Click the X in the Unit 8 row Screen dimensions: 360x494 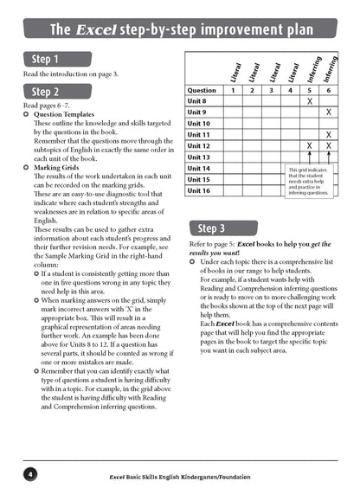point(309,101)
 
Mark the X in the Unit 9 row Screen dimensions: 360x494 point(328,112)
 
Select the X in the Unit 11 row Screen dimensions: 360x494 point(328,135)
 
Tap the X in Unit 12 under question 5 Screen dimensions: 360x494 point(309,146)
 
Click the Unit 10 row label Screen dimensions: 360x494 point(200,124)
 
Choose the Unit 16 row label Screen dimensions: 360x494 point(200,190)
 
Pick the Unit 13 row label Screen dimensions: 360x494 point(200,157)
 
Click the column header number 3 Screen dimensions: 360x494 point(271,90)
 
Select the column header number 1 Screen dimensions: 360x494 point(233,90)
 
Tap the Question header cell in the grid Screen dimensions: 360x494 point(202,90)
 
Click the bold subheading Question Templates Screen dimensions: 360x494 point(65,113)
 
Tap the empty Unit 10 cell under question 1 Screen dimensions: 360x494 point(233,124)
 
